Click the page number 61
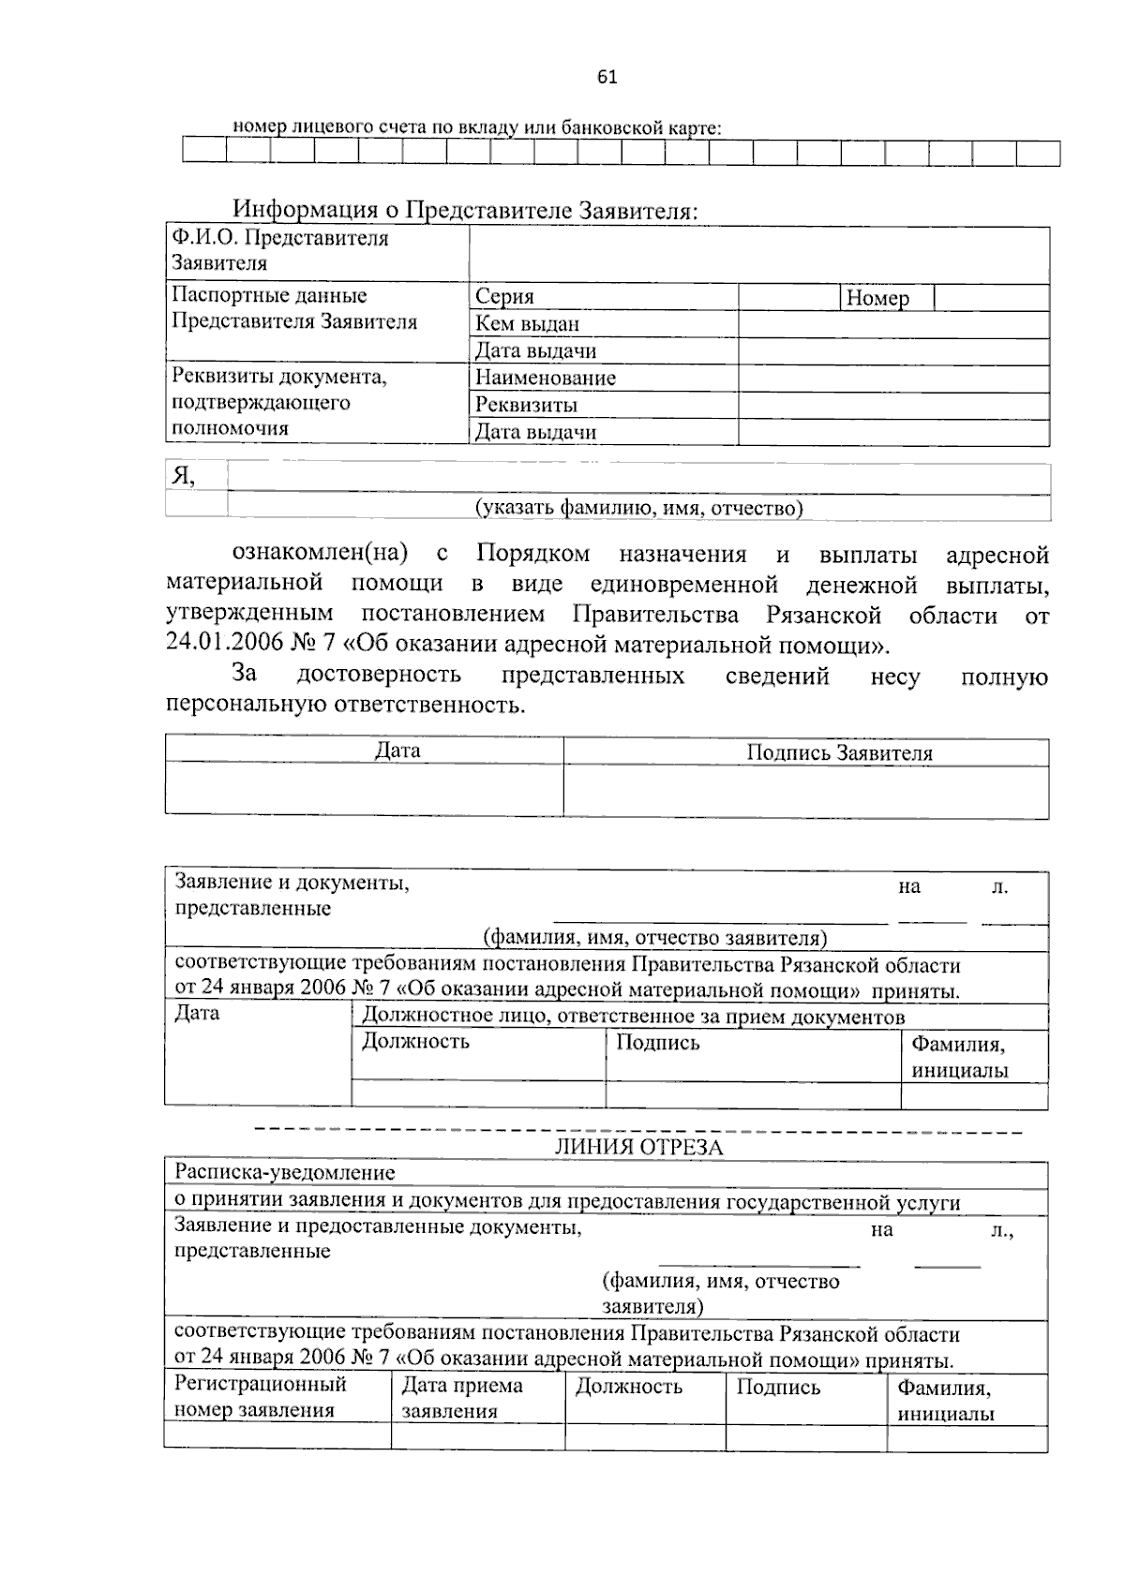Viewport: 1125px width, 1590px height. pos(607,78)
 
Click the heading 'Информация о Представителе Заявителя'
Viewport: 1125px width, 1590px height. pos(465,210)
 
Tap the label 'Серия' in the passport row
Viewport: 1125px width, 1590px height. pos(504,297)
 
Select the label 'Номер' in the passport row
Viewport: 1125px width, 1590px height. pos(877,299)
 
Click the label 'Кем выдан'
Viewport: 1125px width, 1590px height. pos(527,324)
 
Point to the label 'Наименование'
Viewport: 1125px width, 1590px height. pos(545,379)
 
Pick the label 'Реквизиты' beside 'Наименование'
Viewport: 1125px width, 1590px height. pos(525,406)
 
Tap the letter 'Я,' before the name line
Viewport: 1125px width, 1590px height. pos(183,476)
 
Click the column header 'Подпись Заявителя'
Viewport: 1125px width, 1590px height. pos(838,753)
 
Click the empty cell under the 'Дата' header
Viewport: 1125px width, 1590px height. pos(364,789)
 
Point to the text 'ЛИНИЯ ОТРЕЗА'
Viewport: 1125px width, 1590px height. pos(638,1148)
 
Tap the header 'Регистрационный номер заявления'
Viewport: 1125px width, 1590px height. pos(261,1397)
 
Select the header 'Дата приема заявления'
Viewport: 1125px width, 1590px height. pos(462,1398)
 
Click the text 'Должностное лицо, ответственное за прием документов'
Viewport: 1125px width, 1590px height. pos(633,1017)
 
